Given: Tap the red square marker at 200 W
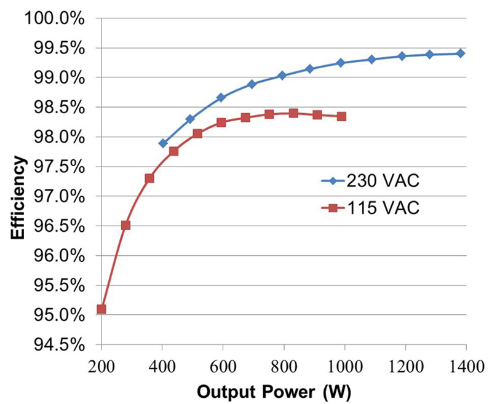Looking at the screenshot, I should click(101, 309).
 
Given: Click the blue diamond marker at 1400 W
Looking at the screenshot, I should click(461, 53).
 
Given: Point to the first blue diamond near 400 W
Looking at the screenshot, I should click(163, 143).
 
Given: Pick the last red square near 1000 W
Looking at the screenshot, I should click(341, 116).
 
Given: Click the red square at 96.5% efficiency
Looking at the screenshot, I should click(125, 225).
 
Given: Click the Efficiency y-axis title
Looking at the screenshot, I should click(20, 197).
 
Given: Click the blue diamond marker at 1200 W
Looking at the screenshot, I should click(402, 56).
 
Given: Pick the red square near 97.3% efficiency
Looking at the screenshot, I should click(149, 178).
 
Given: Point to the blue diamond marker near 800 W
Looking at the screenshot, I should click(282, 76).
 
